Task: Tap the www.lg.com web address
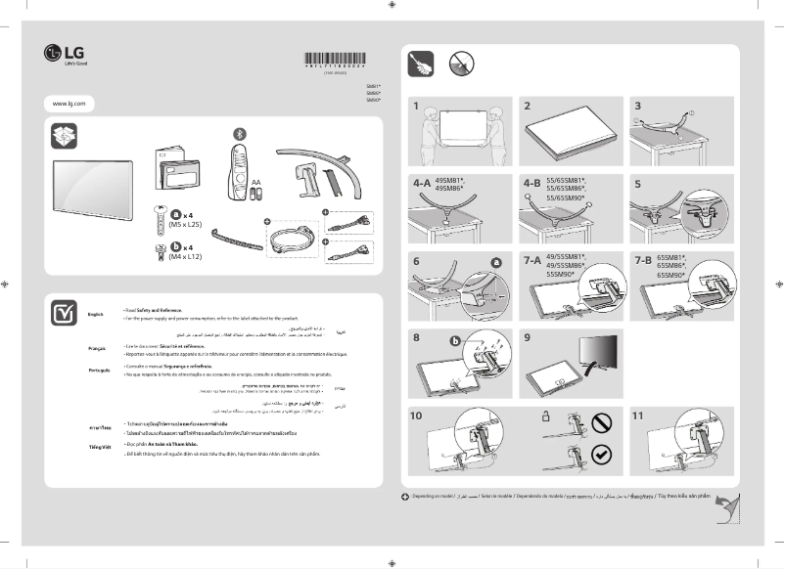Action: click(68, 103)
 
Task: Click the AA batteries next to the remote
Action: click(255, 195)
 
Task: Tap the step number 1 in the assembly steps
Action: click(416, 105)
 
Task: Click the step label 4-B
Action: click(531, 183)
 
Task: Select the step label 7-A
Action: click(531, 261)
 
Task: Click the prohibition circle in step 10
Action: click(602, 421)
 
